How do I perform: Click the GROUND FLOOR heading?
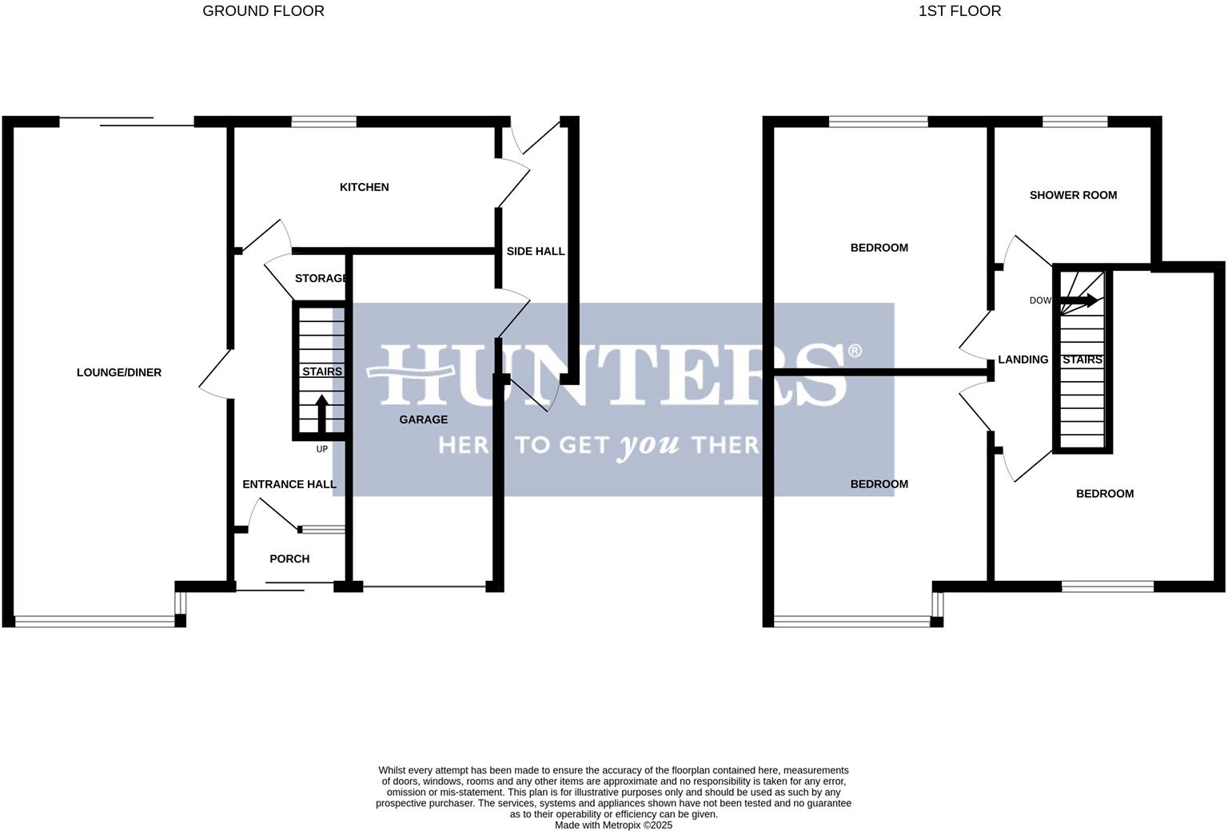[263, 11]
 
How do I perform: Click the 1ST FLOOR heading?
[959, 11]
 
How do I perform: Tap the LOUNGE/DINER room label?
[119, 372]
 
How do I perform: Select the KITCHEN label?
[364, 187]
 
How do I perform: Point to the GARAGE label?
[423, 419]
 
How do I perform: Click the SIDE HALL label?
[535, 251]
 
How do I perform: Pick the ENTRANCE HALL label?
[289, 484]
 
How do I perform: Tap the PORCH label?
[289, 559]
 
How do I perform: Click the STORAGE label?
[321, 278]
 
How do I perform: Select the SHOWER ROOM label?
[1073, 195]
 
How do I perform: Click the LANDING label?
[1023, 360]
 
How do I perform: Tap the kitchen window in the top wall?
[324, 121]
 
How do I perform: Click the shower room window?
[1074, 121]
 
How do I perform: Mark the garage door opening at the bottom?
[424, 587]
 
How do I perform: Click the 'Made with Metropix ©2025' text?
[613, 825]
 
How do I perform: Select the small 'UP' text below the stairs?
[322, 449]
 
